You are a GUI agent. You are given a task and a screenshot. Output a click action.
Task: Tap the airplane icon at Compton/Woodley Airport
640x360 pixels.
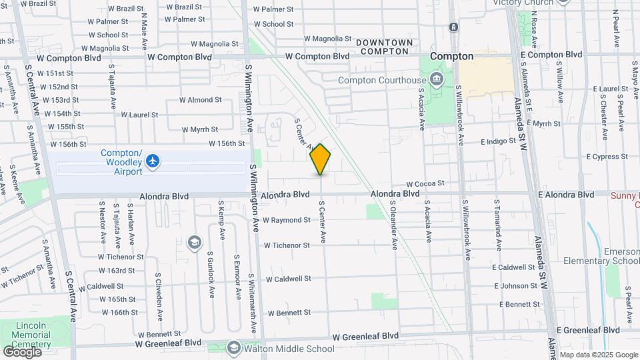[153, 161]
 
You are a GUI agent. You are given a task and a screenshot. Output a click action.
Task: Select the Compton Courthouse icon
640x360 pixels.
[437, 80]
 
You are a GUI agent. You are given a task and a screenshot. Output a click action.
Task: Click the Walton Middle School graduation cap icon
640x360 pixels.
[234, 348]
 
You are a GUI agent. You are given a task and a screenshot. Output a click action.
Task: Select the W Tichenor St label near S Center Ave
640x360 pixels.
[287, 245]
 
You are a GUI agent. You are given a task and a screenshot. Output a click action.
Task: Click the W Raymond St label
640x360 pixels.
[287, 220]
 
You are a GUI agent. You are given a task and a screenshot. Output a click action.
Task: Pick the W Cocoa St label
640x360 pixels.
[426, 183]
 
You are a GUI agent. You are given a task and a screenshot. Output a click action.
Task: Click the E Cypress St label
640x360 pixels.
[608, 157]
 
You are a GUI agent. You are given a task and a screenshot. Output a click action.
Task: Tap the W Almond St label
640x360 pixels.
[200, 100]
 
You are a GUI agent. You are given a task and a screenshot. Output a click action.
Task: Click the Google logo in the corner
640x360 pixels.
[22, 351]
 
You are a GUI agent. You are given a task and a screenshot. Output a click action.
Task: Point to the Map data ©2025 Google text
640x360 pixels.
[598, 355]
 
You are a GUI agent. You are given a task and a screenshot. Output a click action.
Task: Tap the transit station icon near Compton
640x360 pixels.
[453, 27]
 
